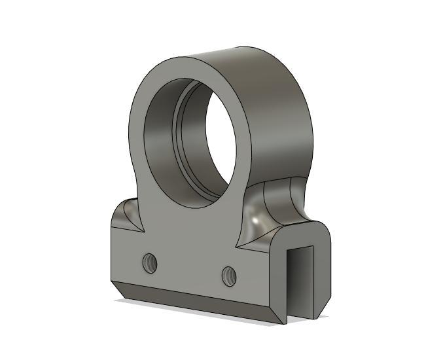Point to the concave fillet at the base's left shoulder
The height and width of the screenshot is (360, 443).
tap(128, 216)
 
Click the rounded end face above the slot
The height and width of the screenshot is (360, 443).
tap(308, 234)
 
